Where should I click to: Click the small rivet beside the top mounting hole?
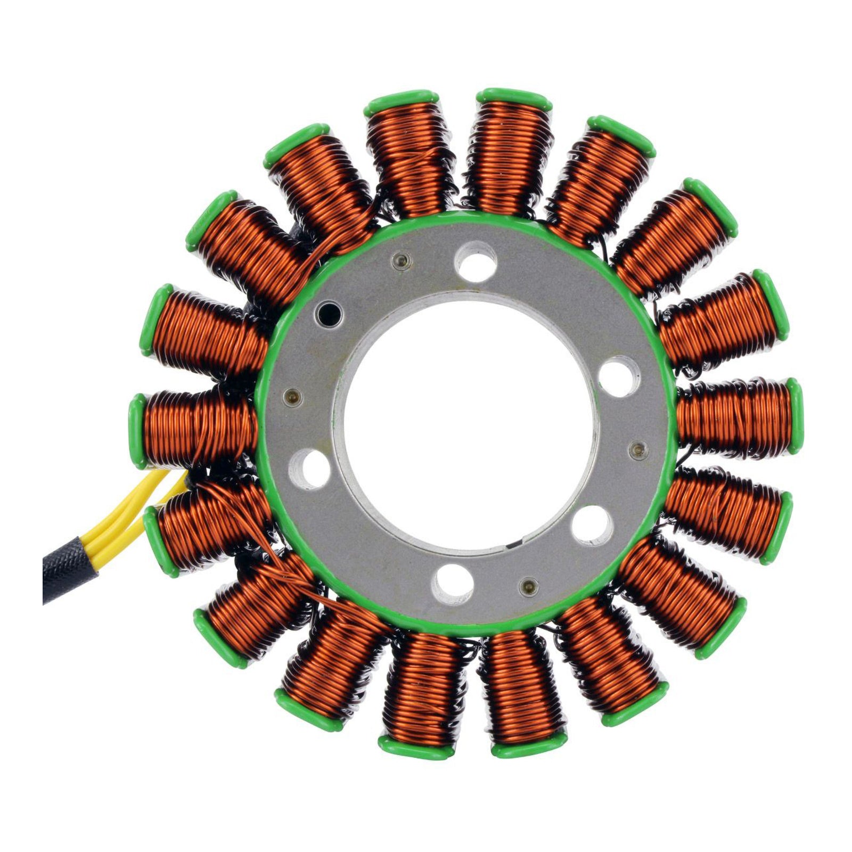click(400, 260)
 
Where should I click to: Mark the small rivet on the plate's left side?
click(291, 396)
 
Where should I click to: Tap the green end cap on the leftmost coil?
click(136, 431)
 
